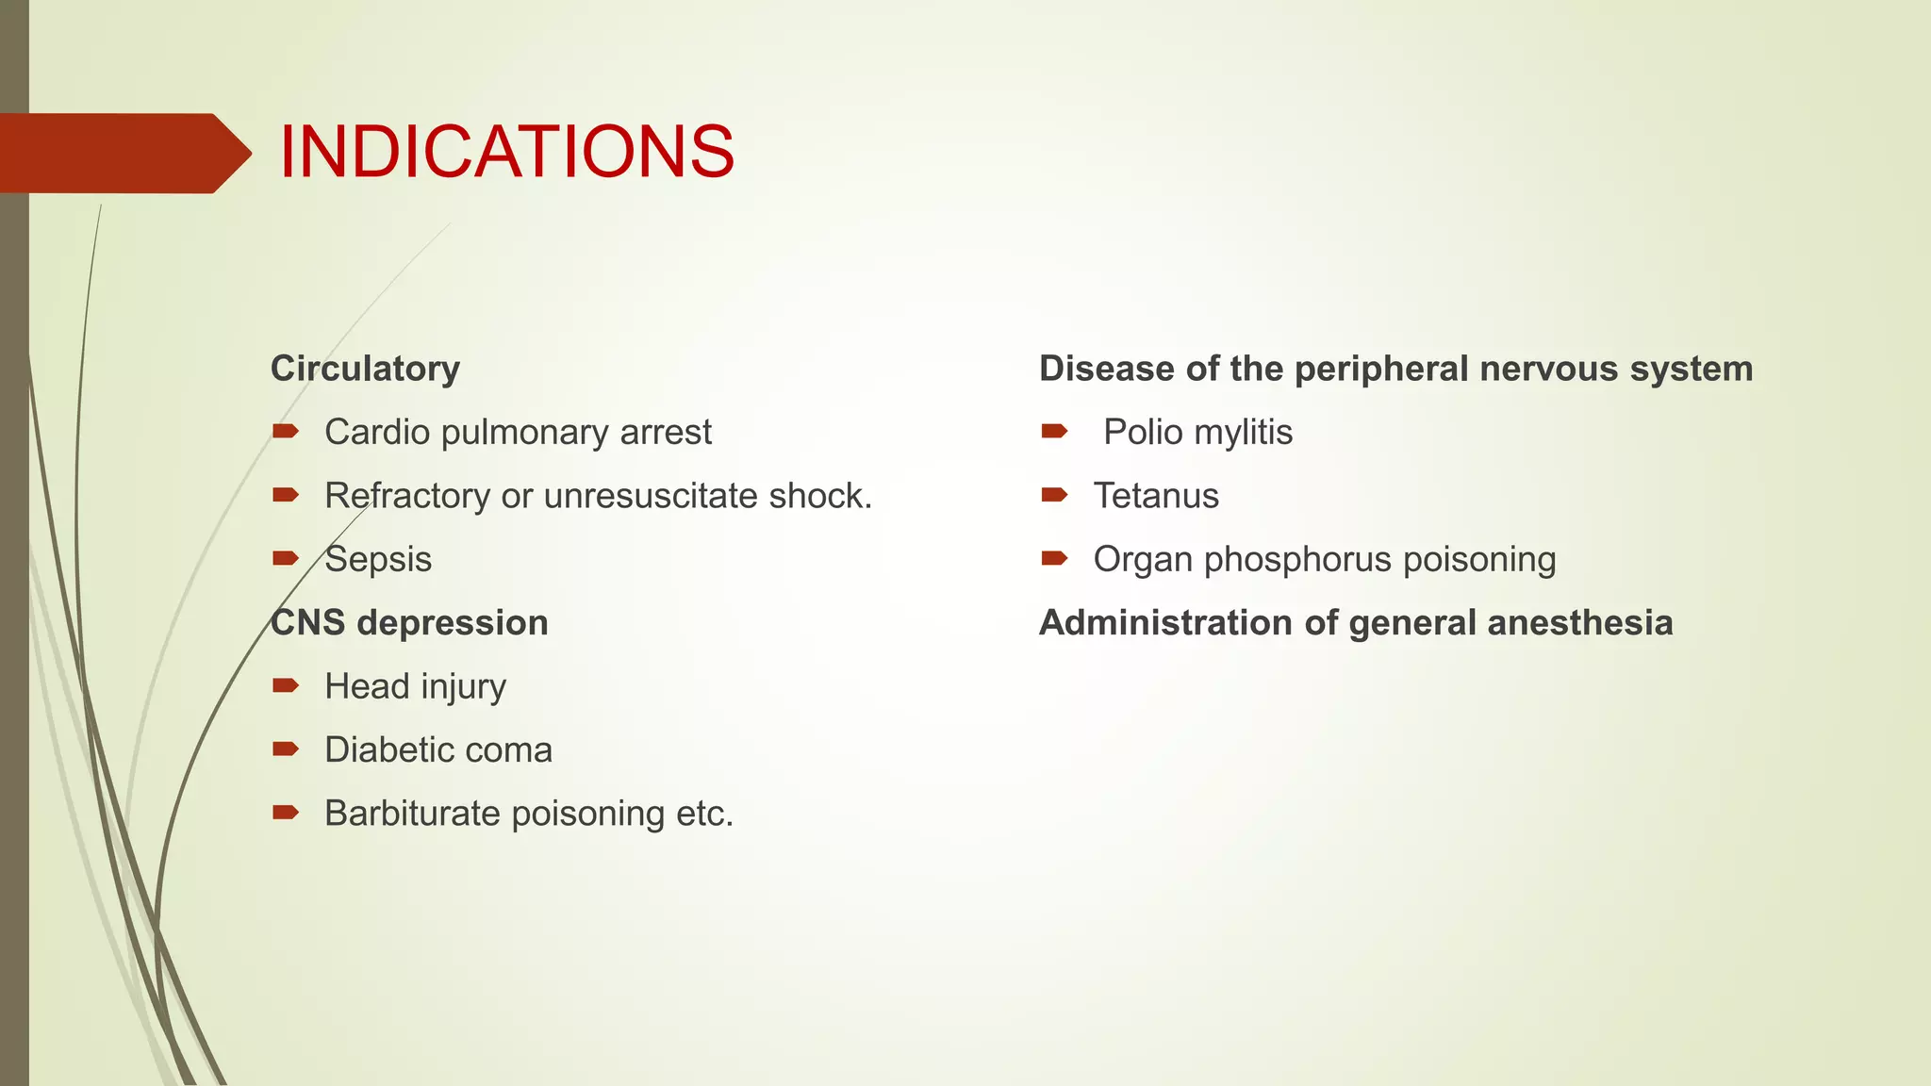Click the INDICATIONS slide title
tap(506, 153)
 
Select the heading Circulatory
tap(365, 369)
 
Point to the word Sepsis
tap(378, 560)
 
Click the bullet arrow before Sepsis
tap(285, 559)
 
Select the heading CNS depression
tap(409, 623)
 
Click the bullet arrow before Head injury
tap(285, 685)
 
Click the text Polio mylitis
tap(1197, 433)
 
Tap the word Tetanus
tap(1156, 496)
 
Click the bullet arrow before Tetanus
tap(1054, 495)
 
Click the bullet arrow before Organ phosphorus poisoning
tap(1054, 559)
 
